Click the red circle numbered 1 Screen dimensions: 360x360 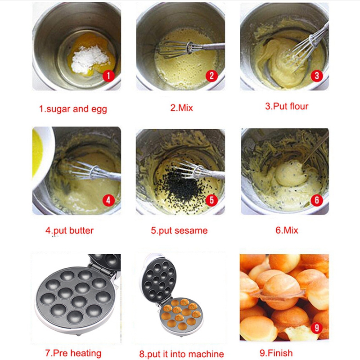click(x=108, y=76)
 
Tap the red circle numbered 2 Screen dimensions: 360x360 click(x=211, y=76)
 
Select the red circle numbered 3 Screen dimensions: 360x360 click(x=316, y=75)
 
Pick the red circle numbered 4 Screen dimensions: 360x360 click(x=108, y=200)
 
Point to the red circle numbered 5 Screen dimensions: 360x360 click(x=212, y=200)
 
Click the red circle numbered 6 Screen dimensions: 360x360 click(x=317, y=200)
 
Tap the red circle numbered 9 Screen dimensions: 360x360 click(x=316, y=328)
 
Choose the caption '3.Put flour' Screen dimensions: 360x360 click(x=286, y=107)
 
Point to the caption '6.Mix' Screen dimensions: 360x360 click(x=287, y=230)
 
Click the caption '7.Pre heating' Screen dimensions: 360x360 click(x=73, y=353)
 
